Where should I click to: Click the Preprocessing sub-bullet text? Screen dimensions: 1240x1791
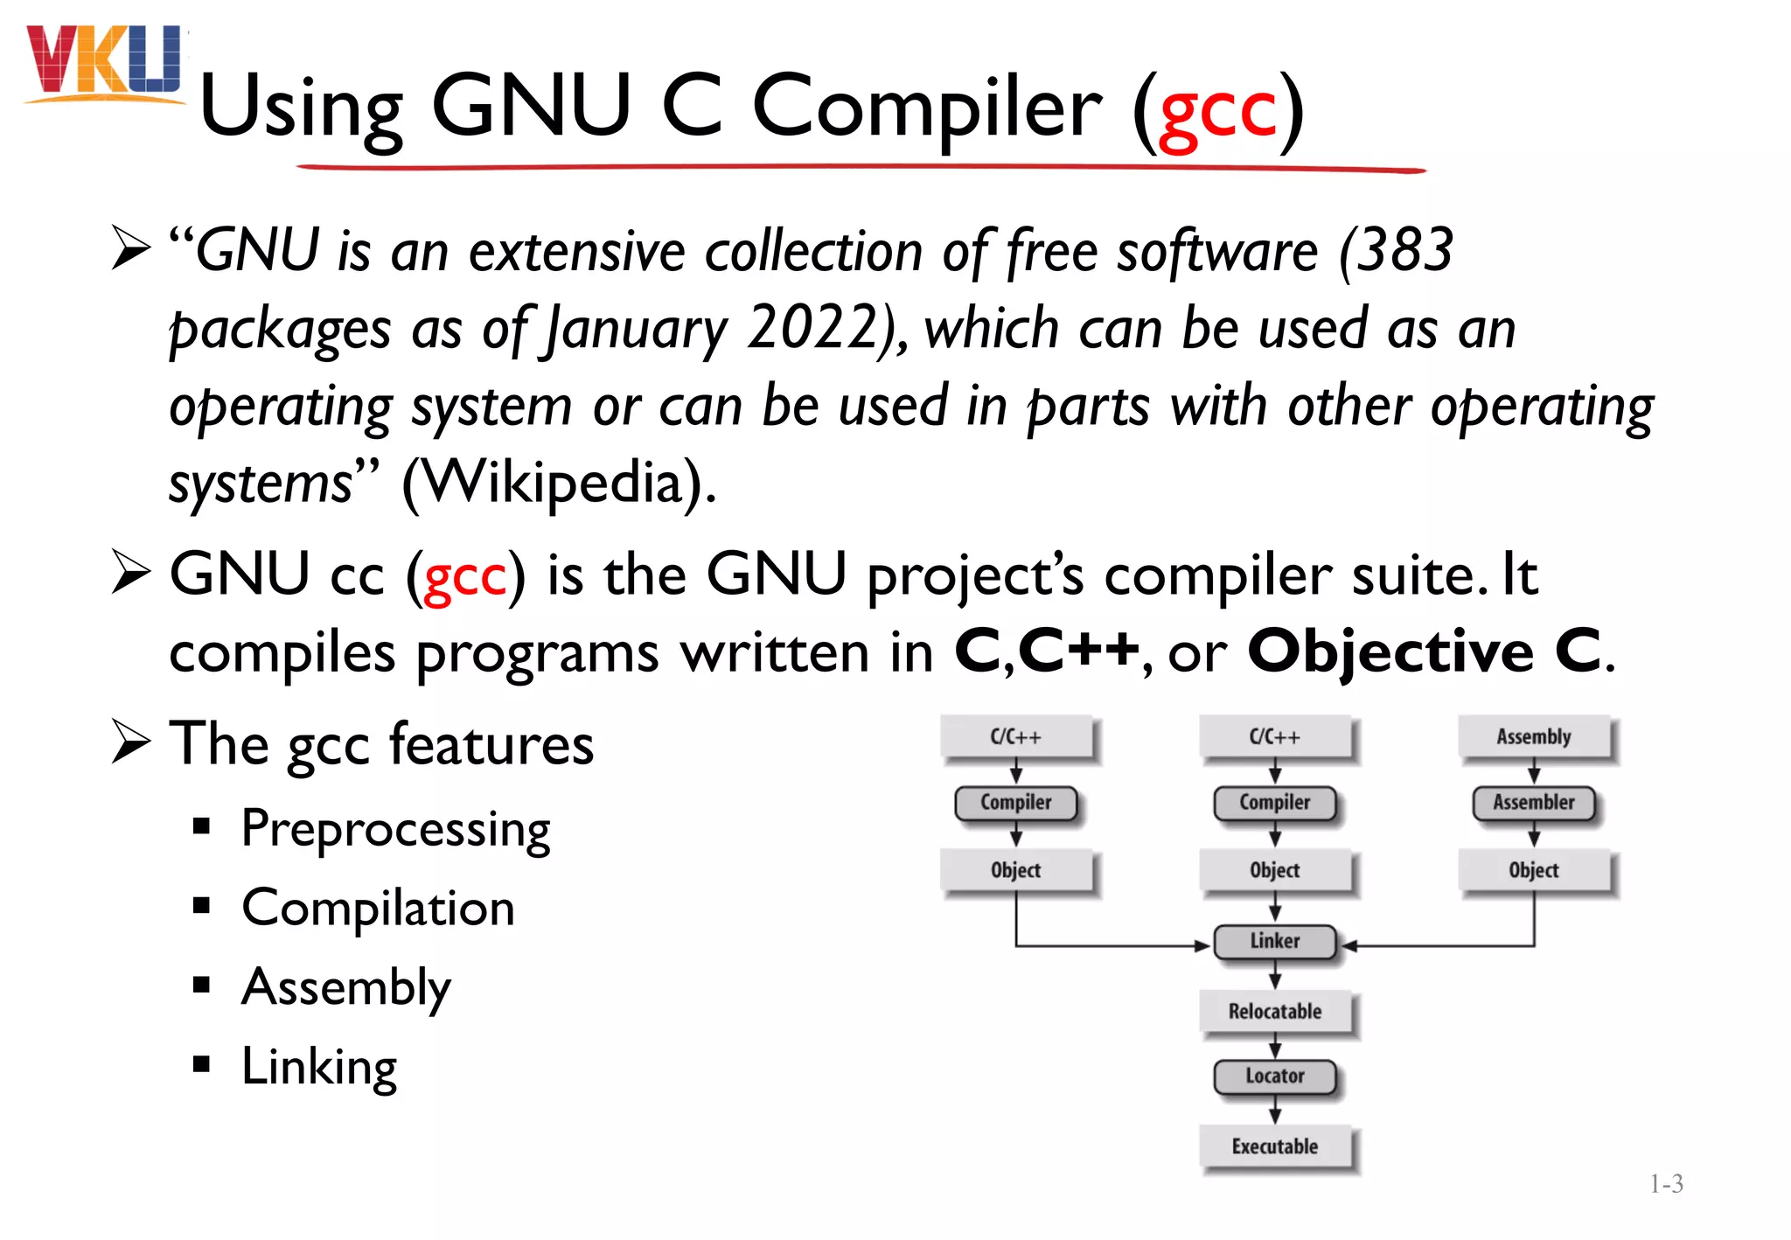point(395,829)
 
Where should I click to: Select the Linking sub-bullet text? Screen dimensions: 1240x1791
point(319,1067)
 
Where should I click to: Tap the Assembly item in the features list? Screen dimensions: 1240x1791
point(346,987)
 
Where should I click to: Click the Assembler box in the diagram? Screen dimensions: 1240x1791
point(1533,803)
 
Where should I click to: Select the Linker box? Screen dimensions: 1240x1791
point(1274,942)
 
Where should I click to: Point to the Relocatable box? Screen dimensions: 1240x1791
point(1274,1012)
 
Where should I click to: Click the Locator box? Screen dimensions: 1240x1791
point(1274,1076)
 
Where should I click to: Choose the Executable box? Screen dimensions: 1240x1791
point(1274,1146)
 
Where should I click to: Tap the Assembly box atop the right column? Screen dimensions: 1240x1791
point(1533,737)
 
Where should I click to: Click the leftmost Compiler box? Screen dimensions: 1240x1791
point(1015,803)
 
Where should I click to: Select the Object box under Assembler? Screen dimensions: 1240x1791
point(1533,871)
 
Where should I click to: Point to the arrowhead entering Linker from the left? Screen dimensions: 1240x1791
point(1202,946)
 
